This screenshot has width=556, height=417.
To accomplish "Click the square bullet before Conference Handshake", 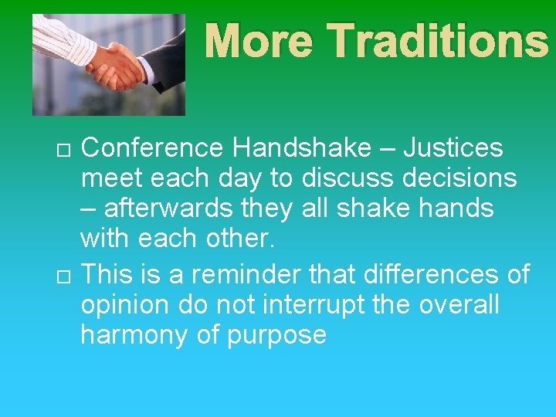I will coord(63,148).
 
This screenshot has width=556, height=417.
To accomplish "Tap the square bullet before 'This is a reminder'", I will coord(63,276).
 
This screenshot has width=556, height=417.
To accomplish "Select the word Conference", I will coord(147,147).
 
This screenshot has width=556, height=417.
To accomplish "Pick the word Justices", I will coord(453,147).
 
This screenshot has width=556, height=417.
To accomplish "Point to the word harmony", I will coord(131,336).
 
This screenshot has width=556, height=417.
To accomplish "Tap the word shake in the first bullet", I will coord(377,209).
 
